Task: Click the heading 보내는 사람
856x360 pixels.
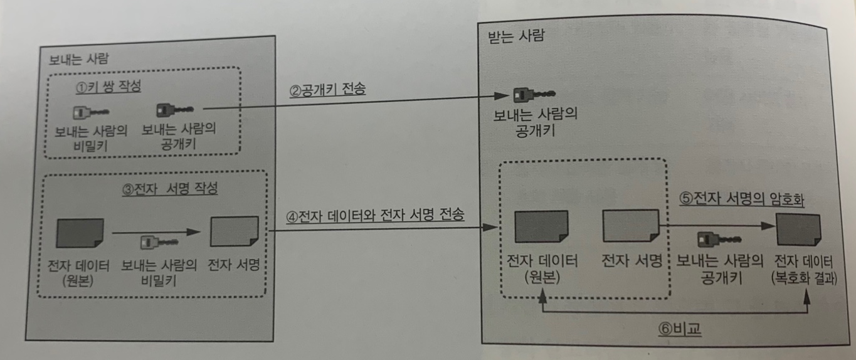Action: [78, 61]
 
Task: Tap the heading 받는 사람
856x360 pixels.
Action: [516, 36]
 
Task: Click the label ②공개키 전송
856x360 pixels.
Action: [327, 90]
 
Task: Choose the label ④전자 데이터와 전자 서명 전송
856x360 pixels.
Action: [375, 216]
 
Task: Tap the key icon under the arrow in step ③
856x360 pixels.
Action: [157, 242]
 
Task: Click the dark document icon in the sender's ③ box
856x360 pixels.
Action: [80, 233]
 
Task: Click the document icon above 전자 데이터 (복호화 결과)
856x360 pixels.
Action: [798, 230]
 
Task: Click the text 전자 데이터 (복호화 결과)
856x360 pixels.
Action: [805, 269]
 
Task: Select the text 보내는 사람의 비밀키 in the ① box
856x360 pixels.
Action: [91, 138]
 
